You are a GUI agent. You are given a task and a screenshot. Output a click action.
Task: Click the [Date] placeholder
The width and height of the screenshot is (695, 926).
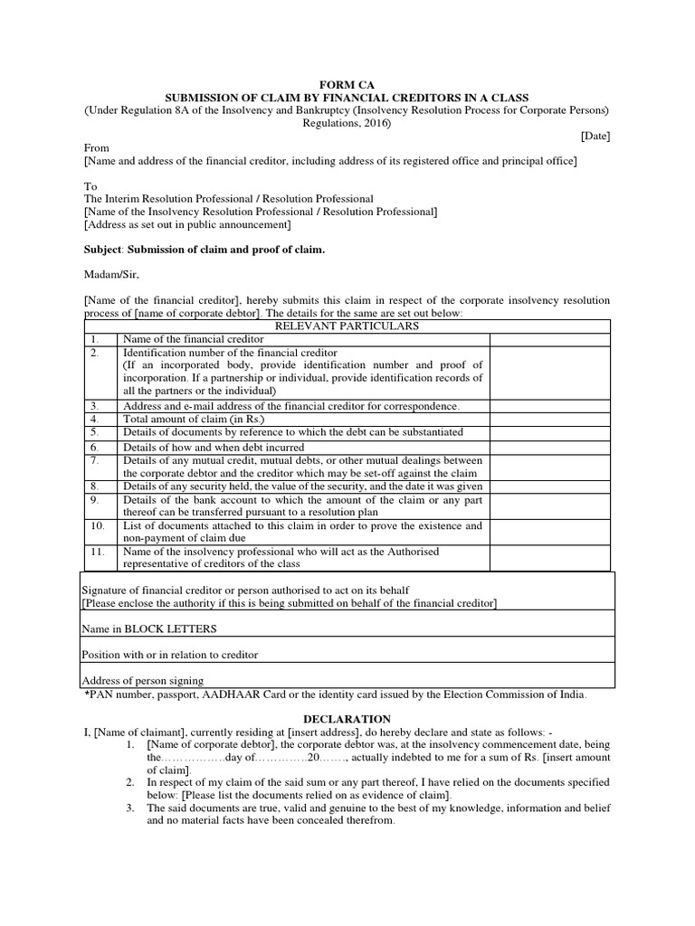pos(595,136)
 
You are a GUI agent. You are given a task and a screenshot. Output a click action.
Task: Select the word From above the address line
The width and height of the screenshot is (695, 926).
pos(97,148)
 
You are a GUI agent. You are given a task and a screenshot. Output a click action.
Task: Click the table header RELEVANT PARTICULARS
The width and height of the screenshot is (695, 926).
pos(347,326)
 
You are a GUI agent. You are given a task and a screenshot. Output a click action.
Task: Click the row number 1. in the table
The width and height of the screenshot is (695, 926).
pos(93,338)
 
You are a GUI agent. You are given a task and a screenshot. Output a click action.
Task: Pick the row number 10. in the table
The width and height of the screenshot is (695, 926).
pos(96,525)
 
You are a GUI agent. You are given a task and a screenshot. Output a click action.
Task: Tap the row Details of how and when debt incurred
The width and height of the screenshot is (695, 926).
pos(214,447)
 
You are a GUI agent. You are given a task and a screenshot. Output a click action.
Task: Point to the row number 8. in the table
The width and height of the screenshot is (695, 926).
pos(93,487)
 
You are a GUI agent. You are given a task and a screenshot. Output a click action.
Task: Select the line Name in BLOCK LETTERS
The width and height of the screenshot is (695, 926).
pos(149,628)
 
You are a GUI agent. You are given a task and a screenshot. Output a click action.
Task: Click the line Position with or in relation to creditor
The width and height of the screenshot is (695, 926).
pos(170,654)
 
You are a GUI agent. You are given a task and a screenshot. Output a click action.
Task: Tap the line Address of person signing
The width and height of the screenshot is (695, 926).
pos(143,680)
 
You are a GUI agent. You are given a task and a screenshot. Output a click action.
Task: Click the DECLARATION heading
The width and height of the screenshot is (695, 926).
pos(347,718)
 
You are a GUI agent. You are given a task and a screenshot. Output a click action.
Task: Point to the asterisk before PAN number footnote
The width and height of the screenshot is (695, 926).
pos(88,694)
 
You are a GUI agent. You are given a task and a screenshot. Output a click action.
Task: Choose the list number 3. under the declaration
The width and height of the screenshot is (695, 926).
pos(130,808)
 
